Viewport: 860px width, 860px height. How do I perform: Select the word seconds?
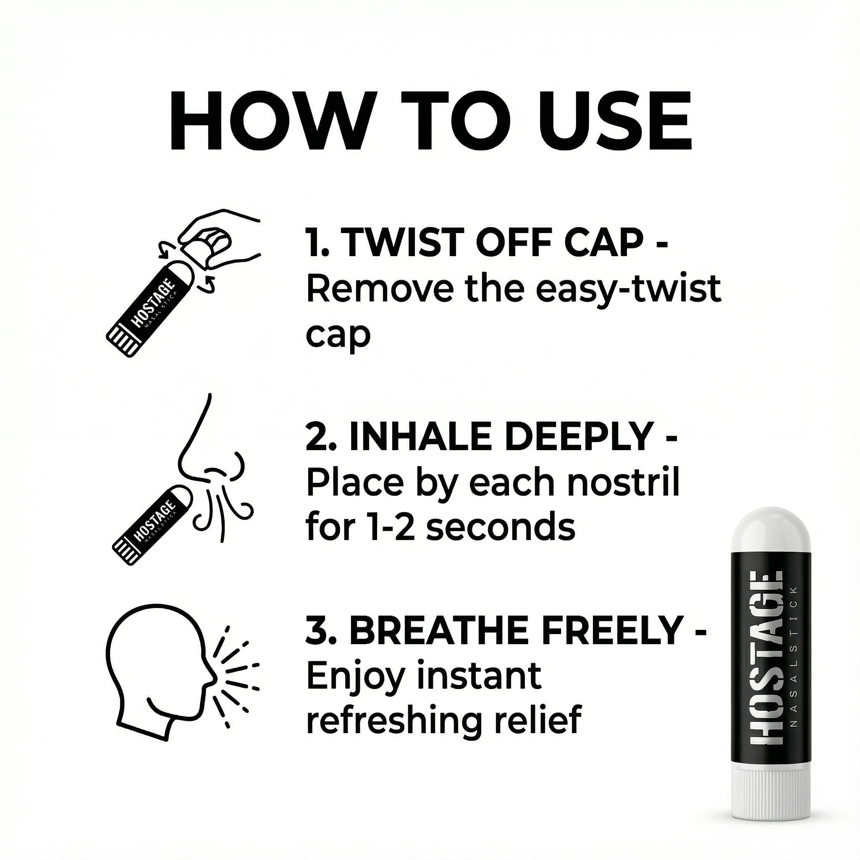(501, 528)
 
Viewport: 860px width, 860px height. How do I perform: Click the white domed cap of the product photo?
(771, 532)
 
